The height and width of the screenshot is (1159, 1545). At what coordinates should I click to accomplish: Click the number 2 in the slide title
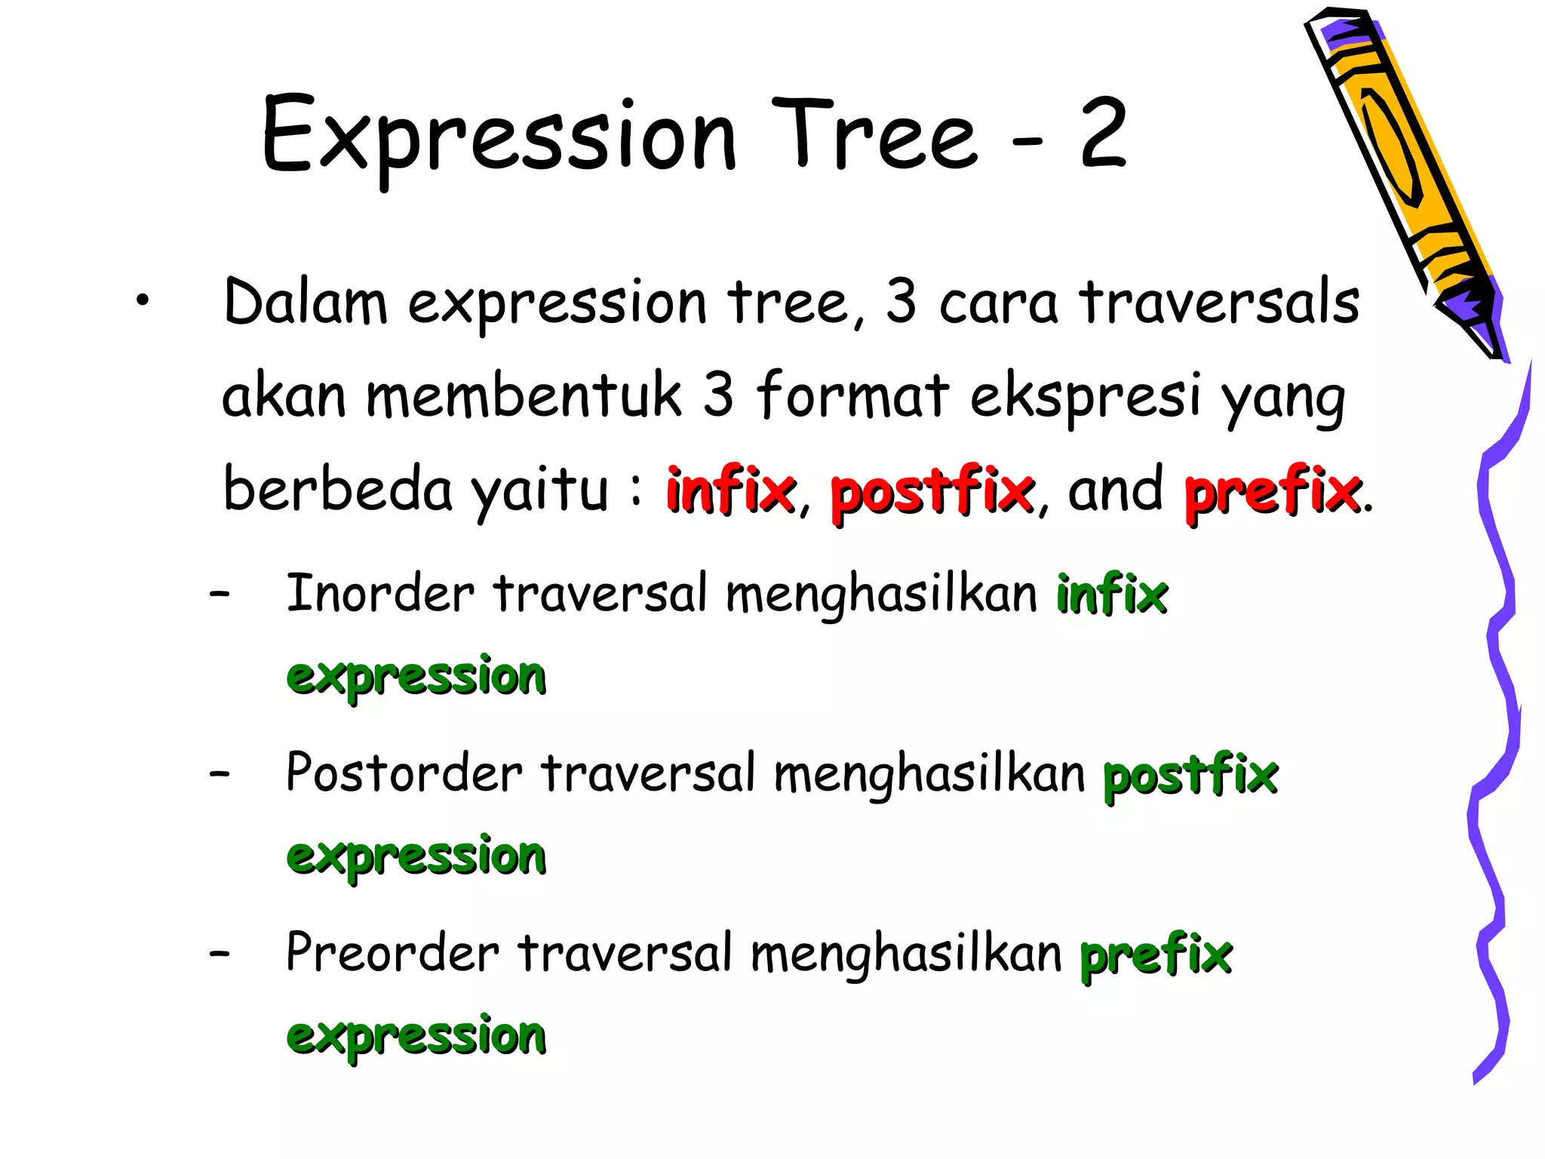pos(1104,134)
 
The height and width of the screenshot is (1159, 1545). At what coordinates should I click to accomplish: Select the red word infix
pos(730,491)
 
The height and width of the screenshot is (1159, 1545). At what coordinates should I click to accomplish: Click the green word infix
pos(1111,595)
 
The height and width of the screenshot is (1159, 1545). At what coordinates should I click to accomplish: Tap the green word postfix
pos(1190,775)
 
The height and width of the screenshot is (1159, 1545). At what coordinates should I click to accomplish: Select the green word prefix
pos(1156,955)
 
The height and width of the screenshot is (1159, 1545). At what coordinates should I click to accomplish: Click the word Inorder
pos(380,594)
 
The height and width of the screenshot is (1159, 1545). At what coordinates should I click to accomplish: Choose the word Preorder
pos(392,953)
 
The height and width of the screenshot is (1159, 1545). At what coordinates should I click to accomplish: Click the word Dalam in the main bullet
pos(306,303)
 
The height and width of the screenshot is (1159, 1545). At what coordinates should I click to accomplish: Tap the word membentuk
pos(524,396)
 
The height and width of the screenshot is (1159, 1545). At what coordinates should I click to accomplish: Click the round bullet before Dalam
pos(143,302)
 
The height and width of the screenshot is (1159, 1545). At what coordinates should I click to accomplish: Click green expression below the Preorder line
pos(416,1036)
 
